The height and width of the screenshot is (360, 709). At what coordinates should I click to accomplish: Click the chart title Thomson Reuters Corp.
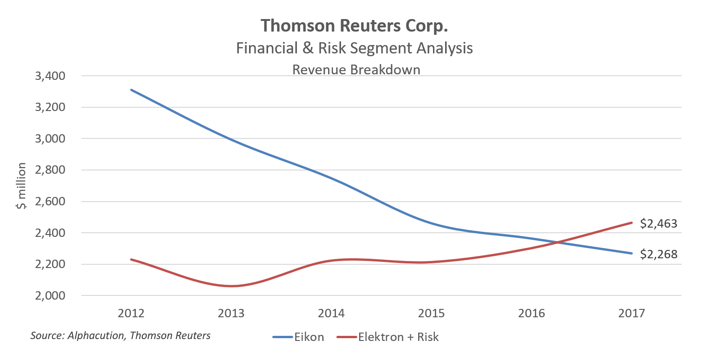tap(354, 26)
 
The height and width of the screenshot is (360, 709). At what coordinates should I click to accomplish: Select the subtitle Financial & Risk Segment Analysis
tap(354, 48)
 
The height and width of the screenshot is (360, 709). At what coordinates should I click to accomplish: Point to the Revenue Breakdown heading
tap(356, 70)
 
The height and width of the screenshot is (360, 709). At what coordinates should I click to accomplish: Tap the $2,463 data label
tap(658, 223)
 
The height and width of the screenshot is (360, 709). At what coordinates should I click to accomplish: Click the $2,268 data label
tap(658, 255)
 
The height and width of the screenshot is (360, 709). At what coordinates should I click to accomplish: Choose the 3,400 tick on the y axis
tap(51, 76)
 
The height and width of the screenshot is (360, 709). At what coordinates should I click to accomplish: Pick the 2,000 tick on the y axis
tap(51, 296)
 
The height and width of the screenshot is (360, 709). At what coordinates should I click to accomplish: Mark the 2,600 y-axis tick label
tap(51, 202)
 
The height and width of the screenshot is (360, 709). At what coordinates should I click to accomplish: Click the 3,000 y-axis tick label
tap(51, 138)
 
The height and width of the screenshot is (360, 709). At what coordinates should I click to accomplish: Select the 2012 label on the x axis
tap(131, 314)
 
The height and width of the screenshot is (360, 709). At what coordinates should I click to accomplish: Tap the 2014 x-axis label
tap(331, 314)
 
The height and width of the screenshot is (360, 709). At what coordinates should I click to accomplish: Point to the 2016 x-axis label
tap(532, 314)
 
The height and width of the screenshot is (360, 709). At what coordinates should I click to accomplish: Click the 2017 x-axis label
tap(632, 314)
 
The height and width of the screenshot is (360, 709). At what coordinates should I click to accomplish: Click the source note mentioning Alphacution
tap(120, 335)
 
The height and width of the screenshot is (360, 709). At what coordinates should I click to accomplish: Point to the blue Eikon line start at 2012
tap(131, 90)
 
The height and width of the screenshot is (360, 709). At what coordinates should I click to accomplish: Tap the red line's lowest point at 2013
tap(231, 286)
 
